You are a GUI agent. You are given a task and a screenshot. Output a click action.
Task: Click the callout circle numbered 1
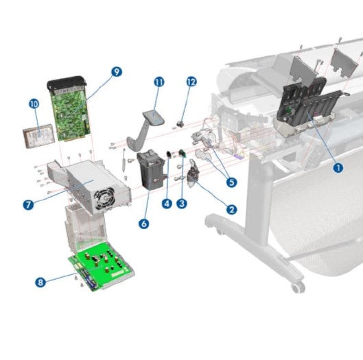(x=337, y=166)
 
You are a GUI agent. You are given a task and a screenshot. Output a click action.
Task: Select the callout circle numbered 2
(x=232, y=210)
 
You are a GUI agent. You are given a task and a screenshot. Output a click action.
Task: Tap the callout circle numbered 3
(x=182, y=203)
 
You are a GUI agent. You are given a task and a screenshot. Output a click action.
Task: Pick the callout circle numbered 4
(x=167, y=203)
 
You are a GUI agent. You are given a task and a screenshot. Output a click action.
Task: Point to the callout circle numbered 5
(x=231, y=182)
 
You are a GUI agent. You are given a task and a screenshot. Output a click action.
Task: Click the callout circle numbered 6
(x=143, y=224)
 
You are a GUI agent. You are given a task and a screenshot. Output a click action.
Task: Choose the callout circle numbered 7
(x=28, y=204)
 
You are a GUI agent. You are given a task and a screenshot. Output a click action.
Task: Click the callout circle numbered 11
(x=159, y=82)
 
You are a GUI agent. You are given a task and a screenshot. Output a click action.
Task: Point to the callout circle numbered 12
(x=191, y=82)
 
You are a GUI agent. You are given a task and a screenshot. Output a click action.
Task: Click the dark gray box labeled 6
(x=152, y=171)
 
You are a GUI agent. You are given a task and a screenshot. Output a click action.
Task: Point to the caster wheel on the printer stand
(x=296, y=284)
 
